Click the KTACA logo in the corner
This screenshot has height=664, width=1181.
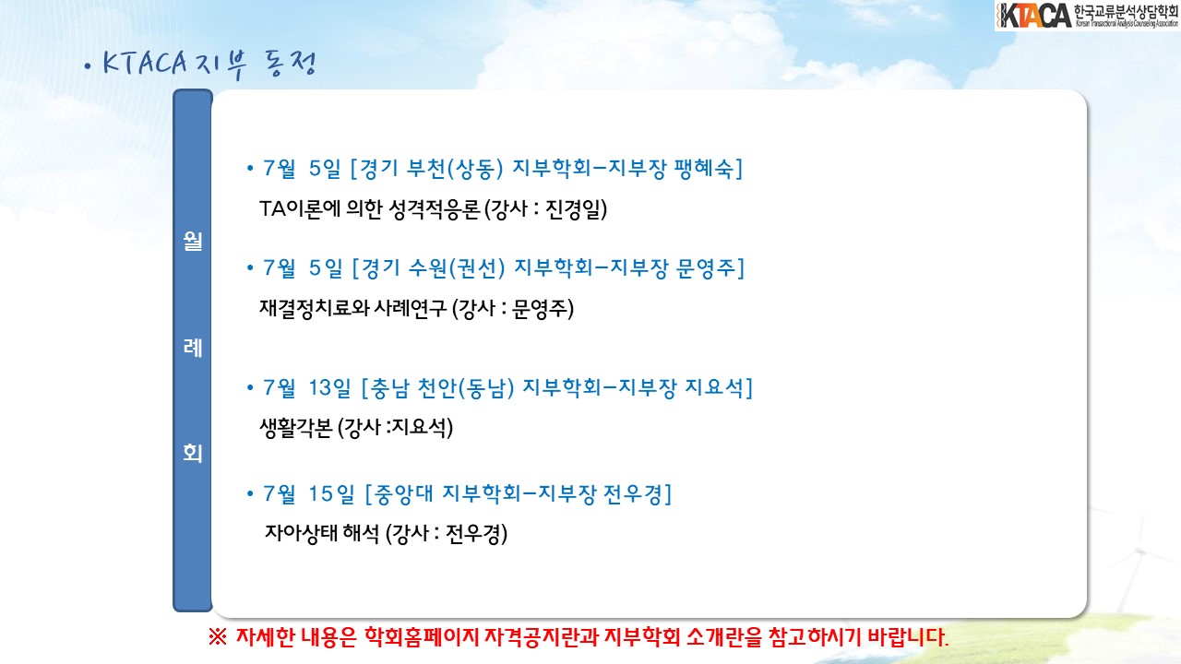1087,16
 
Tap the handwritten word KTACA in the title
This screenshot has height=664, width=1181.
145,63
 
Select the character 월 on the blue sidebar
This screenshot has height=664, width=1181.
193,241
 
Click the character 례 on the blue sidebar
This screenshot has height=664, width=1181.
193,348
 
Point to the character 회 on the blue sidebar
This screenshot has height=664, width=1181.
193,453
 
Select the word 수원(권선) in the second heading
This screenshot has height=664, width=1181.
457,268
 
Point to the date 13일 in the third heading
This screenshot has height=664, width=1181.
329,388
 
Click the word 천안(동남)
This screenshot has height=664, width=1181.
466,388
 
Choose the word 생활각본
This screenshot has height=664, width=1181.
296,427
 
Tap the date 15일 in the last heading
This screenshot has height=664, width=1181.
331,494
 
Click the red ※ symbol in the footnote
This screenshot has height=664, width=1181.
217,637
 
